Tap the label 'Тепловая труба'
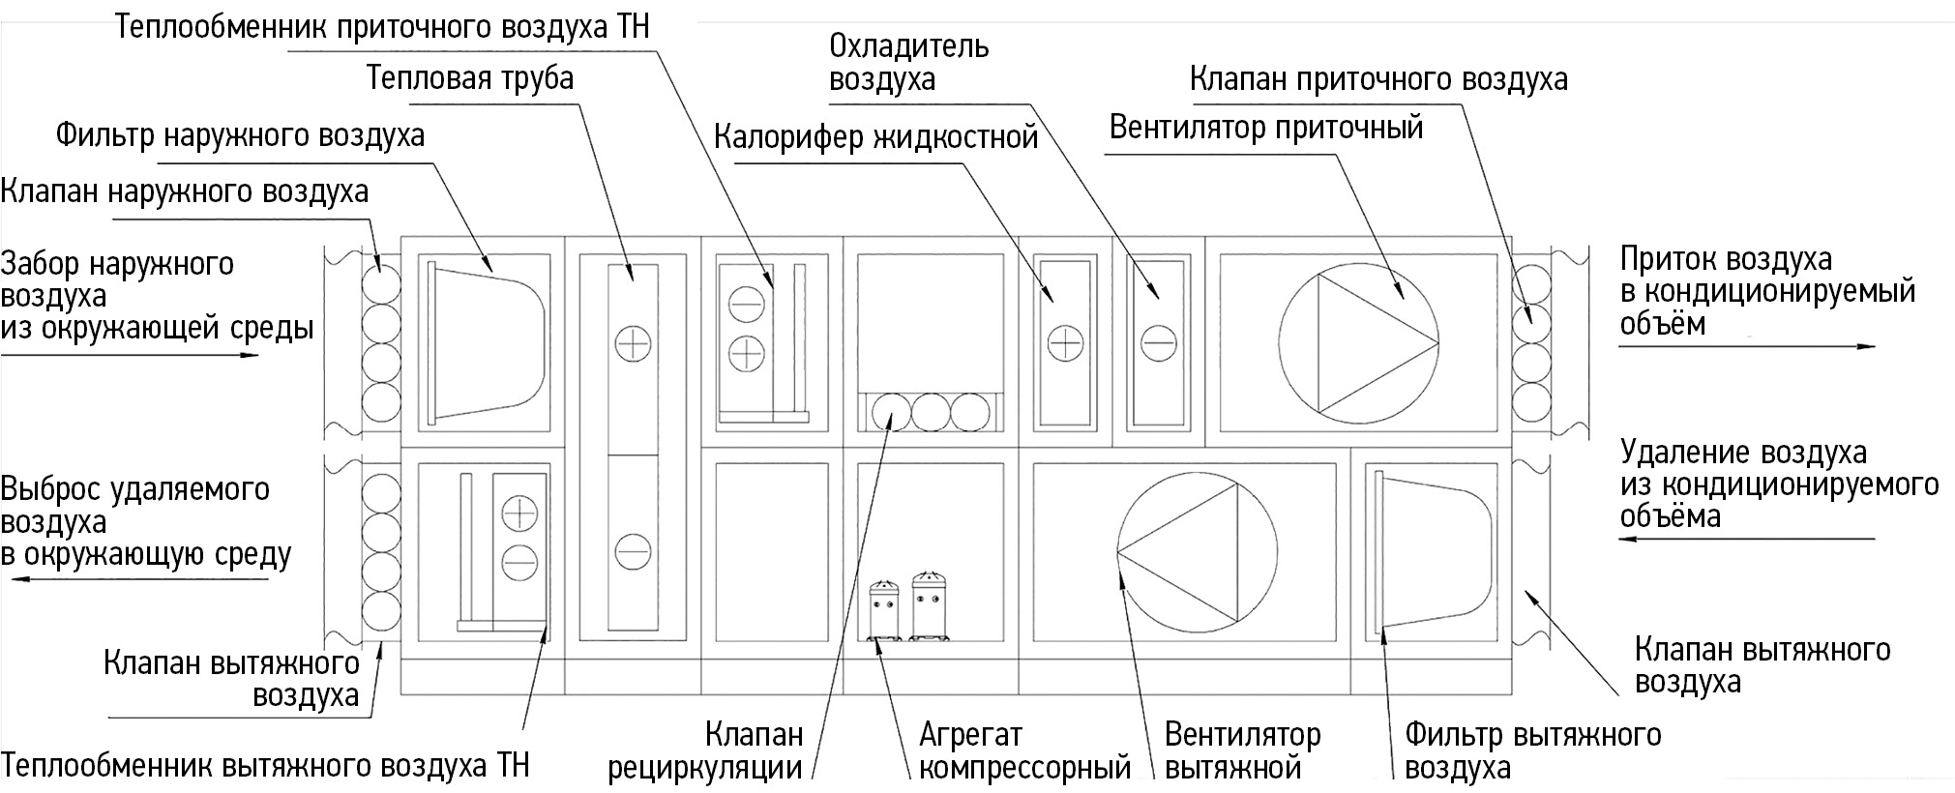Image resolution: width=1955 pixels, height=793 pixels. pyautogui.click(x=470, y=77)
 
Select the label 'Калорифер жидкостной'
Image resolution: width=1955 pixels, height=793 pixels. pyautogui.click(x=875, y=137)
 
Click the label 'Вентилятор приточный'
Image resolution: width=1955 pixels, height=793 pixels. pyautogui.click(x=1265, y=127)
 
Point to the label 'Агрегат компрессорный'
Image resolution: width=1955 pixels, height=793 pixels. pyautogui.click(x=1024, y=751)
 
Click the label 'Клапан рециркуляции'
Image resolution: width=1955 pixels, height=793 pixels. pyautogui.click(x=705, y=751)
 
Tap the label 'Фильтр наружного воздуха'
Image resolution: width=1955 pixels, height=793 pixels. pyautogui.click(x=240, y=134)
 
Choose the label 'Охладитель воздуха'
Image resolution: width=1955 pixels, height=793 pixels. pyautogui.click(x=908, y=62)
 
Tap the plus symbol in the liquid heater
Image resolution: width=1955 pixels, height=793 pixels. pyautogui.click(x=1064, y=342)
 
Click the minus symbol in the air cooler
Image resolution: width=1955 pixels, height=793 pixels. pyautogui.click(x=1157, y=342)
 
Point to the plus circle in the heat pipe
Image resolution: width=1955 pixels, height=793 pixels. pyautogui.click(x=633, y=342)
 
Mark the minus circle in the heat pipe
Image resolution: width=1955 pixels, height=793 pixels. pyautogui.click(x=633, y=551)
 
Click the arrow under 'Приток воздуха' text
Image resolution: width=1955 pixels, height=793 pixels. pyautogui.click(x=1746, y=346)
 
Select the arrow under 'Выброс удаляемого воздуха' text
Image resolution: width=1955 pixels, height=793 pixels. pyautogui.click(x=140, y=580)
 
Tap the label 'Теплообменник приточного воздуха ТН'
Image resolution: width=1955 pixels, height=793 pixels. pyautogui.click(x=382, y=26)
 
